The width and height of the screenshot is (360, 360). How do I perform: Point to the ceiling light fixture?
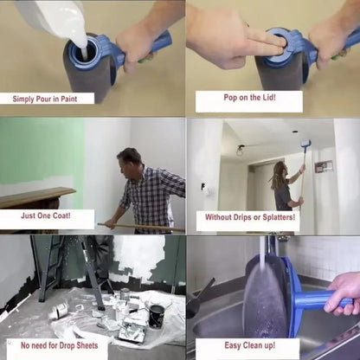click(x=240, y=150)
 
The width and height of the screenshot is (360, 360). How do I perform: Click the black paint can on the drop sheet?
click(x=156, y=315)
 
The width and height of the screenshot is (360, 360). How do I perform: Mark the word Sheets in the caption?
click(x=92, y=344)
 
